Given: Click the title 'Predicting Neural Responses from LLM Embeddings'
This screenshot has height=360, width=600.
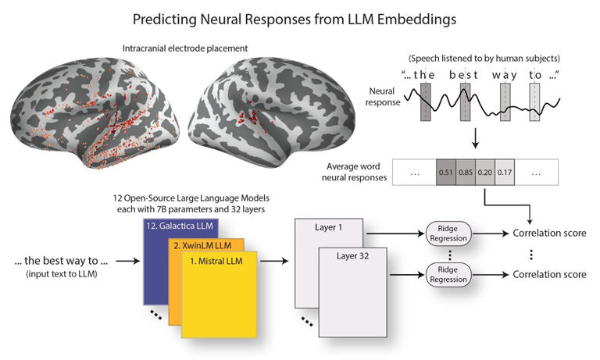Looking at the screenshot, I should point(299,17).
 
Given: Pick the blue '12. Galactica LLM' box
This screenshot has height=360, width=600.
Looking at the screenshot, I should point(168,226).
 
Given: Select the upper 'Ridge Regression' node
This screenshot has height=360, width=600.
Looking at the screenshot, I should point(448,232).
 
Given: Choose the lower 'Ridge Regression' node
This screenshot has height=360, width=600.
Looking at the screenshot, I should point(448,275).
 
